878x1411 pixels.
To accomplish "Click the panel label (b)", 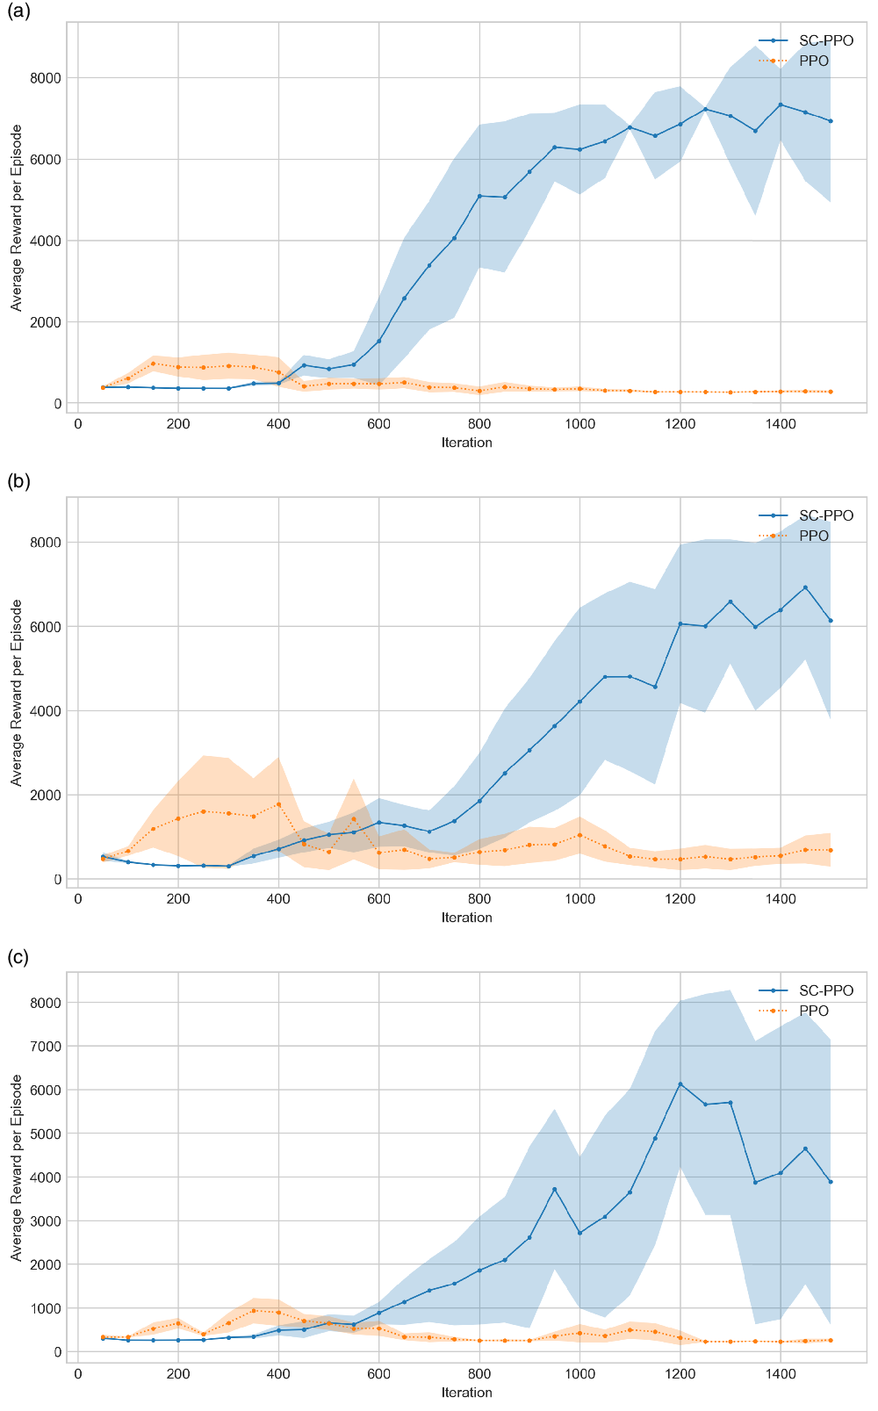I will click(x=18, y=481).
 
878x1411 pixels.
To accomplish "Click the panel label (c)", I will click(x=18, y=957).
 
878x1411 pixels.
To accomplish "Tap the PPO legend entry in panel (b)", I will click(x=813, y=536).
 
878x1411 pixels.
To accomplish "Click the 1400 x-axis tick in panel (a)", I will click(x=780, y=424).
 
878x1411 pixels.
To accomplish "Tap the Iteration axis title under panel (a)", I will click(x=466, y=443).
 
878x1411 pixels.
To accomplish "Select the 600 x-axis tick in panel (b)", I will click(x=378, y=899).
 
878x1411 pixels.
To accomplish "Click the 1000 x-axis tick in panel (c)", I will click(x=579, y=1374).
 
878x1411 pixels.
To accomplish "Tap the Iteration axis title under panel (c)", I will click(x=466, y=1393).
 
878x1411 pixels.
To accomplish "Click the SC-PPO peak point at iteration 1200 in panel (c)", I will click(x=680, y=1084).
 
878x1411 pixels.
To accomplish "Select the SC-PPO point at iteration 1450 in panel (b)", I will click(x=805, y=587).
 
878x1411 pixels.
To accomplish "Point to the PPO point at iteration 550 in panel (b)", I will click(x=354, y=819).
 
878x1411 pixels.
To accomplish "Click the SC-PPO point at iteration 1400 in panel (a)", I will click(x=780, y=104).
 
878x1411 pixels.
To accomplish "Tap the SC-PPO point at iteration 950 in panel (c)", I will click(x=554, y=1189).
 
